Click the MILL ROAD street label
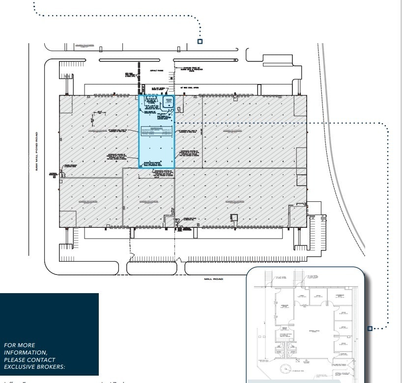point(214,279)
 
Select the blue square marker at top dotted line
point(200,41)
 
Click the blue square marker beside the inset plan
point(370,328)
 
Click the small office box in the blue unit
point(168,101)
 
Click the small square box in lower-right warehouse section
point(234,218)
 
